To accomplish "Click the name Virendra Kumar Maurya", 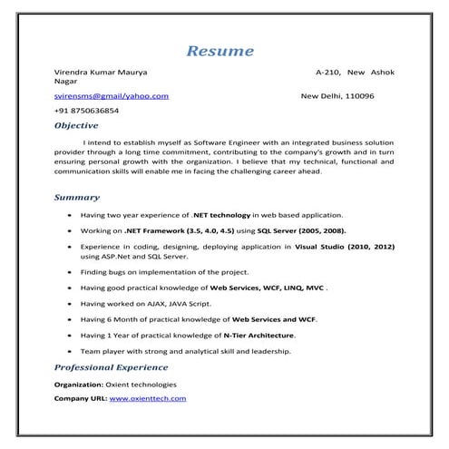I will [x=101, y=71].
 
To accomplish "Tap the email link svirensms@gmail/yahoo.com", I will [x=112, y=95].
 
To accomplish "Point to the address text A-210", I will [x=327, y=71].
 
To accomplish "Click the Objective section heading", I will [x=76, y=125].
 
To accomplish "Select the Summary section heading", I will [x=76, y=197].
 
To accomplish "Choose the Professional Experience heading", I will [x=111, y=367].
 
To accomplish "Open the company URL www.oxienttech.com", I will [x=148, y=398].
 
